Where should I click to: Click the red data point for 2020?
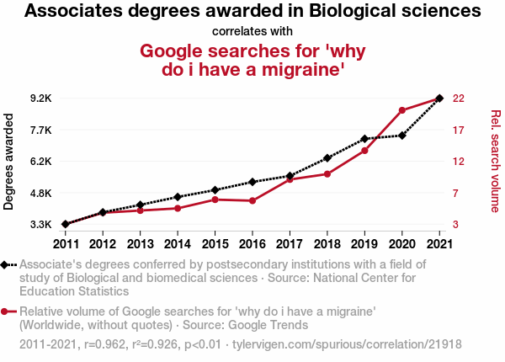tap(401, 110)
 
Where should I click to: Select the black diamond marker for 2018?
tap(327, 158)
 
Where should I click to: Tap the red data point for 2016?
tap(252, 200)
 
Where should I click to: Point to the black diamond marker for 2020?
tap(401, 135)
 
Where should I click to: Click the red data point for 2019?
tap(364, 151)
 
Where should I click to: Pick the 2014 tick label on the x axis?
tap(177, 243)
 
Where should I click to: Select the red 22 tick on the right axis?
tap(460, 98)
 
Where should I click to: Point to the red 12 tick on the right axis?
tap(460, 161)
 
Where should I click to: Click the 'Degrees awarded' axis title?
tap(9, 162)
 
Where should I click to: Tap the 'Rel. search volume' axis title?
tap(495, 162)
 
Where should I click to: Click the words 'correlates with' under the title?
tap(252, 32)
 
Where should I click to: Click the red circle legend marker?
tap(8, 311)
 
